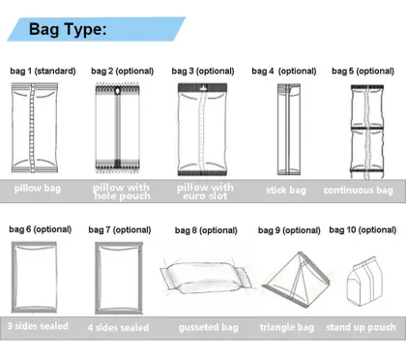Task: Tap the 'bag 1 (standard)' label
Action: [x=43, y=71]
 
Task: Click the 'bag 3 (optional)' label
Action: [x=202, y=71]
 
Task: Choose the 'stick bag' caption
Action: [x=285, y=190]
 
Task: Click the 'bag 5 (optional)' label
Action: [x=362, y=71]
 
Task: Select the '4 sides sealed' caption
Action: [x=121, y=327]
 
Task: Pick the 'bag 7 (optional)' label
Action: [x=121, y=229]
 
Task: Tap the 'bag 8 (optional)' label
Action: [x=205, y=230]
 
